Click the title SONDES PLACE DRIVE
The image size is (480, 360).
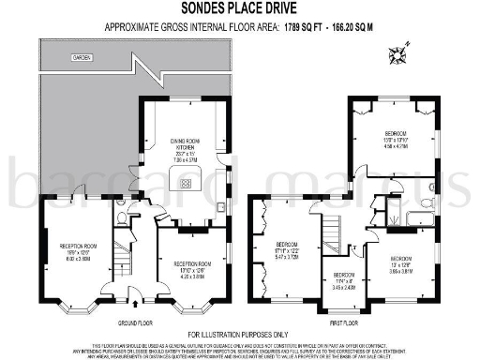(x=239, y=10)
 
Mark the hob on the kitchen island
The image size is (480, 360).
(x=187, y=184)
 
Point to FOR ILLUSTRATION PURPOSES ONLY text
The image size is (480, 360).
(x=240, y=335)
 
